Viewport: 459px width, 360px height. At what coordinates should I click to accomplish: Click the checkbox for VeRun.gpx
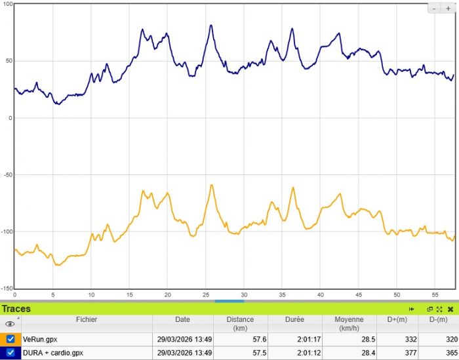tap(10, 339)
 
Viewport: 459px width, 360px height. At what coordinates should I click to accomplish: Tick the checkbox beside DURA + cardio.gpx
tap(10, 352)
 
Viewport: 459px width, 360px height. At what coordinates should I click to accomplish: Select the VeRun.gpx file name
tap(41, 340)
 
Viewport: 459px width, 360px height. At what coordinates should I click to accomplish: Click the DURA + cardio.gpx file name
tap(53, 353)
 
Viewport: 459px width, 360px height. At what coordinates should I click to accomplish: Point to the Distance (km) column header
tap(239, 323)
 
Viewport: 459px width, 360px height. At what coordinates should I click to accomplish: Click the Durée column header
tap(294, 319)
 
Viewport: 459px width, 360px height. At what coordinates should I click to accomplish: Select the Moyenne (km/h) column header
tap(348, 323)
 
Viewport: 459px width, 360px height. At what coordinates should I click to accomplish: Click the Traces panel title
tap(16, 308)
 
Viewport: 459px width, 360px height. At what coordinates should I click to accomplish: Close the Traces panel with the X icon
tap(450, 308)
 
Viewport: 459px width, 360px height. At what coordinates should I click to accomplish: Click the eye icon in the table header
tap(9, 324)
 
